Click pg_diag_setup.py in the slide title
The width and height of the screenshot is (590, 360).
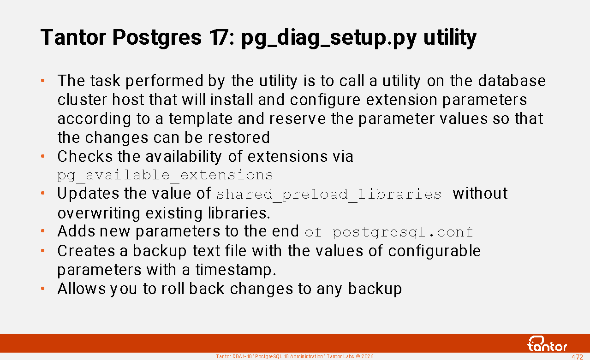point(329,38)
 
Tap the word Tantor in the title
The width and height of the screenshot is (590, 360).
point(73,37)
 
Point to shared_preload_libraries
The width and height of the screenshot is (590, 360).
point(329,195)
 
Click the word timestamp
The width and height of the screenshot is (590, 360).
point(236,270)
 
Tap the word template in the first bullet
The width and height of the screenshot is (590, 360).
point(201,119)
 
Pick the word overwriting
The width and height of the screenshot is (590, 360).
point(99,213)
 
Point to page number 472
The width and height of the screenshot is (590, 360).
point(577,357)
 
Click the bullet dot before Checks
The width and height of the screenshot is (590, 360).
point(42,157)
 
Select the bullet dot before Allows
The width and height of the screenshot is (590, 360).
point(42,289)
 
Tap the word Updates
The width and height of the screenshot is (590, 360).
point(88,194)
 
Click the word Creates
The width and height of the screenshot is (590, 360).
point(86,251)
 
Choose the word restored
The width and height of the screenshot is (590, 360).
point(239,137)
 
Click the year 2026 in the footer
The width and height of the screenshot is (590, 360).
point(367,357)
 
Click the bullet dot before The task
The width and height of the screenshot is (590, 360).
point(42,81)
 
